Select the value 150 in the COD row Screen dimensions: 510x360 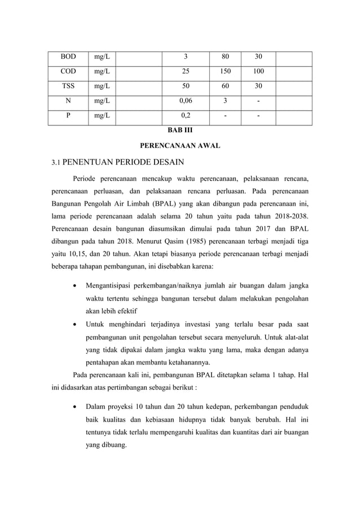coord(226,72)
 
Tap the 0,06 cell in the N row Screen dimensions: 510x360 coord(185,102)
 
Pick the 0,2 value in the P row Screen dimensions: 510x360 coord(185,117)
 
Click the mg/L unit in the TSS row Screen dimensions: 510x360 coord(102,87)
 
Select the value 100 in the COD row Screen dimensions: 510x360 coord(258,72)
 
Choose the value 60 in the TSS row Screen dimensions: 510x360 coord(226,87)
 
